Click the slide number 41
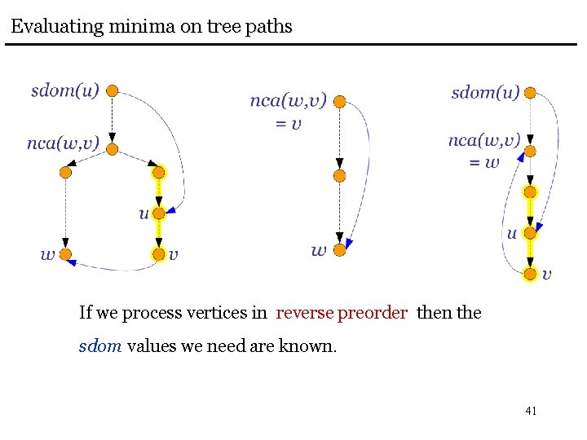(531, 411)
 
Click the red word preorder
(373, 313)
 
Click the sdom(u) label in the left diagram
(65, 90)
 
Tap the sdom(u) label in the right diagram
(485, 92)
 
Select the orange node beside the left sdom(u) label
(113, 90)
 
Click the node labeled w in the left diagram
(66, 253)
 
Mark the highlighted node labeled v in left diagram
(158, 254)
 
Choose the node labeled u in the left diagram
(158, 213)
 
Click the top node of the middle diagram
(340, 102)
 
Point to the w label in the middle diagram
(319, 250)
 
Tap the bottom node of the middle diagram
(340, 250)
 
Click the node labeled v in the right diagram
(530, 274)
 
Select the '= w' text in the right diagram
(483, 161)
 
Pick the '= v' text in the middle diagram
(288, 123)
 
